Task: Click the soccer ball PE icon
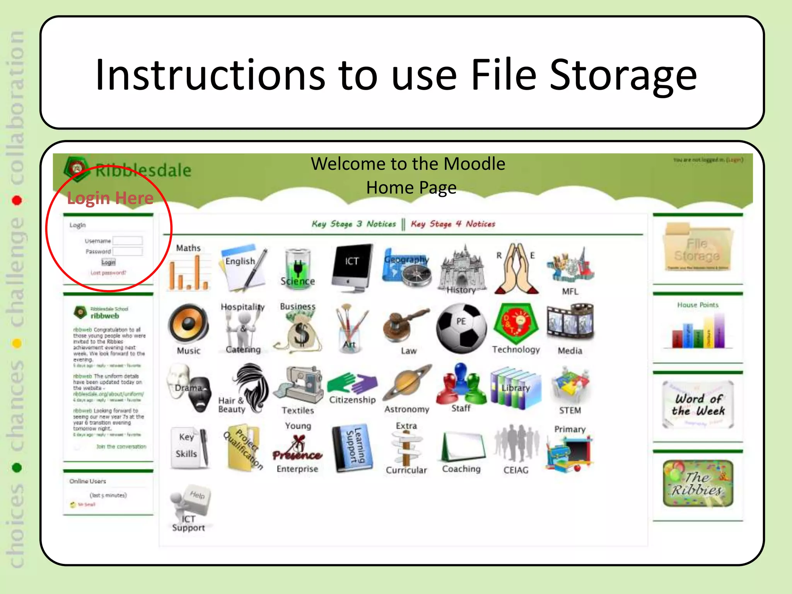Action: (x=461, y=328)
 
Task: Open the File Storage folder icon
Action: (x=697, y=248)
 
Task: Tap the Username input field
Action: (x=128, y=241)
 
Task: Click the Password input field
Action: (x=128, y=251)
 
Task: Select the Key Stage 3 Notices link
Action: (x=354, y=224)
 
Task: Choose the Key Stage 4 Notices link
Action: (x=453, y=224)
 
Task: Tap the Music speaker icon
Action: (x=188, y=324)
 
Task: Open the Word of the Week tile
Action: (x=698, y=405)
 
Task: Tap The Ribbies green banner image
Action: (x=698, y=483)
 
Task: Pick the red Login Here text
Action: (x=110, y=198)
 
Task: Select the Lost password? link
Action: (x=108, y=273)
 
